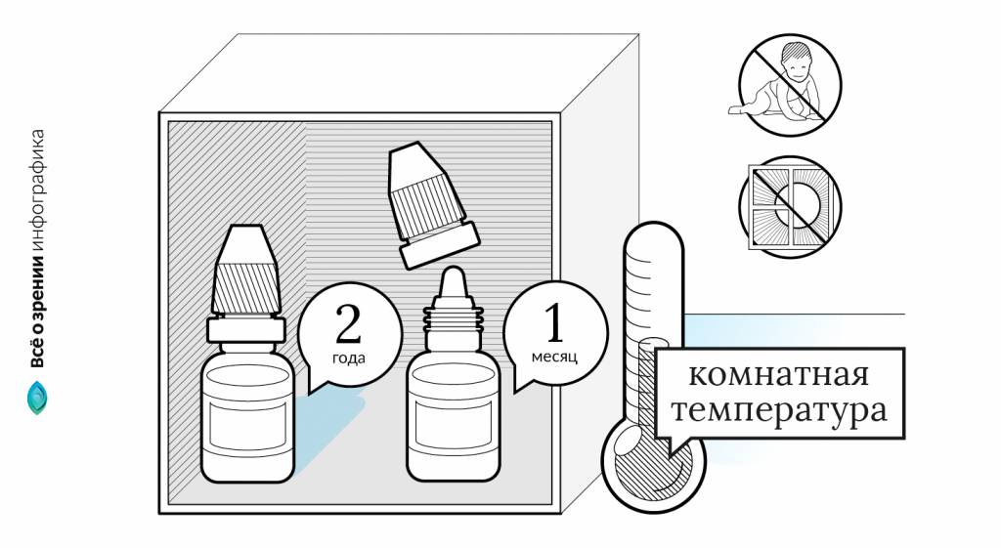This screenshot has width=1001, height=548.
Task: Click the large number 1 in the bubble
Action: tap(554, 323)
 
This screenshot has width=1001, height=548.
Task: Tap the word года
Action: tap(348, 358)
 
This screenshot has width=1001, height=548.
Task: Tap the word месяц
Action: tap(554, 357)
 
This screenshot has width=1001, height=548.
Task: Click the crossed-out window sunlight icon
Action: tap(789, 206)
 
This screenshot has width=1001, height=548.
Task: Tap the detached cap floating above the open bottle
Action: tap(430, 205)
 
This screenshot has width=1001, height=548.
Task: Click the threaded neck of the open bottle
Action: tap(452, 317)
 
